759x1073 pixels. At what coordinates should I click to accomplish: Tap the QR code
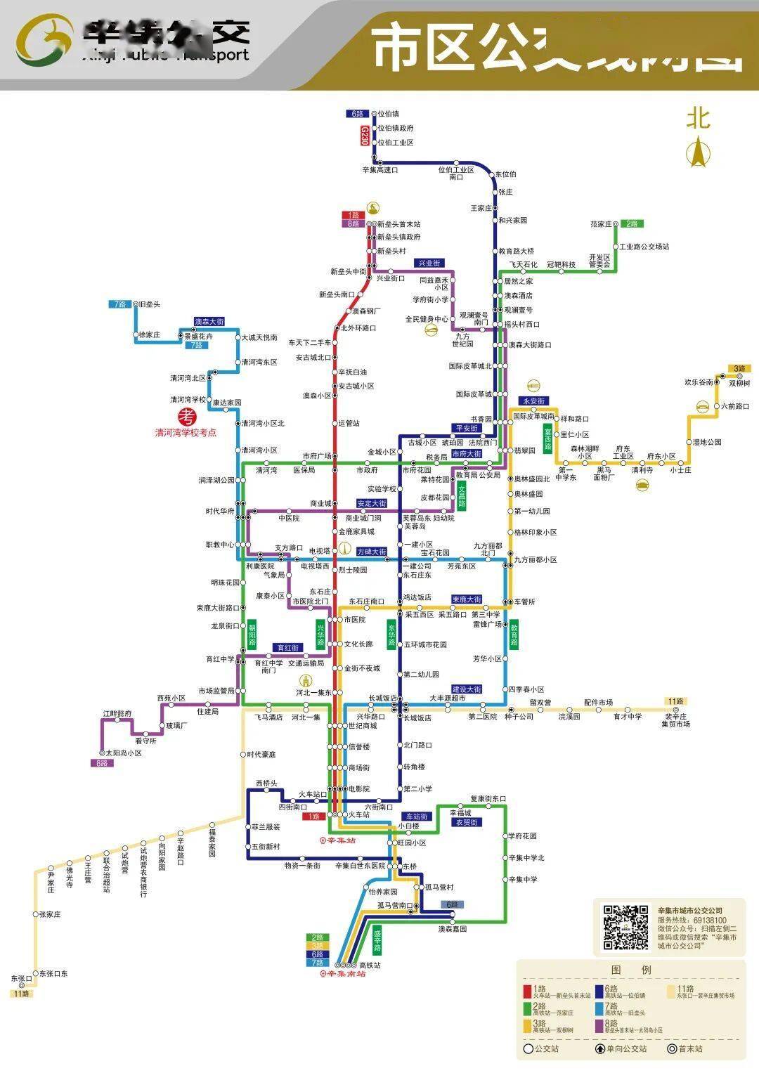coord(625,927)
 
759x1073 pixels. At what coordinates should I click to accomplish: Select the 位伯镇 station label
coord(388,114)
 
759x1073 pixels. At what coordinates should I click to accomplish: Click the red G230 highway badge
coord(364,136)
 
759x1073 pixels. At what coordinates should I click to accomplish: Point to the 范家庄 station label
coord(601,224)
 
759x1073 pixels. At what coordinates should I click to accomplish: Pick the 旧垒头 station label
coord(150,304)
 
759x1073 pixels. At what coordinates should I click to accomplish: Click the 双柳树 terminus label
coord(739,383)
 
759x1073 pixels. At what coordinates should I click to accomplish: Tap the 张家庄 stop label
coord(50,914)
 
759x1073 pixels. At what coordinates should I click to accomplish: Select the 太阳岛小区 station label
coord(124,753)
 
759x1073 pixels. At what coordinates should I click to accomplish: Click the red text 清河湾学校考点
coord(186,433)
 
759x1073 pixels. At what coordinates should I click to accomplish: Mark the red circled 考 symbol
coord(187,416)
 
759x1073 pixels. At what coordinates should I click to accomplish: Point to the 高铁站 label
coord(370,965)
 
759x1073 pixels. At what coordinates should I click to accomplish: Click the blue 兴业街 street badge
coord(429,263)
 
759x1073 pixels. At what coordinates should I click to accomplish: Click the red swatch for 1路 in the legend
coord(527,991)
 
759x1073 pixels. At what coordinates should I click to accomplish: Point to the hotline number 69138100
coord(710,920)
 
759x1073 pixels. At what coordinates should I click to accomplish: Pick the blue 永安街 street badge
coord(533,401)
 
